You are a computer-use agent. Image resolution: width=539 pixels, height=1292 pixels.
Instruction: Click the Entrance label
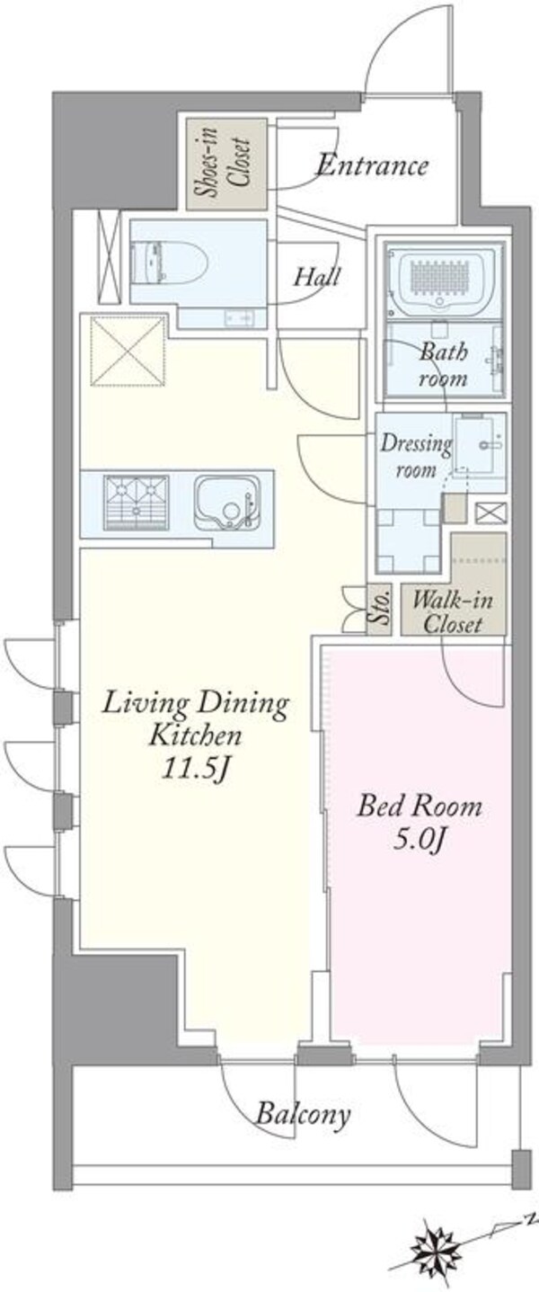click(373, 166)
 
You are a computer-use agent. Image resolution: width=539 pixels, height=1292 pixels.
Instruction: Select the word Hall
click(316, 278)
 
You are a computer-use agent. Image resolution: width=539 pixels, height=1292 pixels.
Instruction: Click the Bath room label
click(443, 365)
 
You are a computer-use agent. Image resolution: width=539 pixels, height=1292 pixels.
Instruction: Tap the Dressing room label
click(416, 456)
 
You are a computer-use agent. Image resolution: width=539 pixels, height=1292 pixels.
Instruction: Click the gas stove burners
click(137, 502)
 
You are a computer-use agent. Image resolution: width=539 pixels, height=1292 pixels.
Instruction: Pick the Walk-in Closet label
click(453, 612)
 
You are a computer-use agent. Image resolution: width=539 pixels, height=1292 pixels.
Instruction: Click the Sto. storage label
click(380, 609)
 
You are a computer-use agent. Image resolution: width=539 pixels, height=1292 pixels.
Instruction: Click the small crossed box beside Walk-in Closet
click(491, 512)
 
